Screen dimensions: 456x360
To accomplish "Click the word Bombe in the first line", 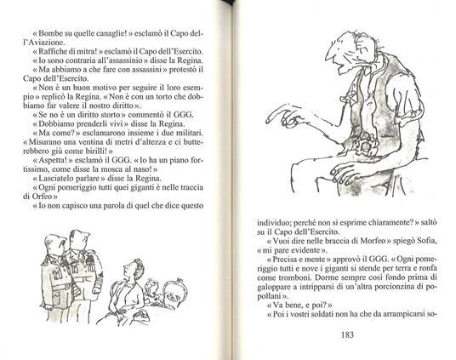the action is [52, 36].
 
